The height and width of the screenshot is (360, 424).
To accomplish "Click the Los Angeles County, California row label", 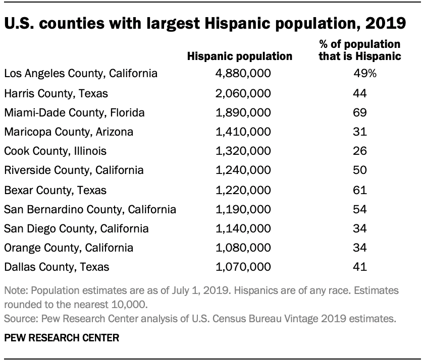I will click(81, 74).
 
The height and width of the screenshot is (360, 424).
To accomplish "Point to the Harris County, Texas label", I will click(56, 93).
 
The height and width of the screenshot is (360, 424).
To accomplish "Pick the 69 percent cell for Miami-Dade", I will click(360, 112).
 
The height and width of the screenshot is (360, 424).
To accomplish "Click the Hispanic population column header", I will click(240, 56).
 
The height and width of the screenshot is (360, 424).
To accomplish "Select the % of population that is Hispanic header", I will click(360, 50).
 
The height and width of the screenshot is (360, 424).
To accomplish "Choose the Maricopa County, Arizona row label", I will click(69, 132).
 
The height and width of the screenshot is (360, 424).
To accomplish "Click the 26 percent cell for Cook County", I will click(360, 151).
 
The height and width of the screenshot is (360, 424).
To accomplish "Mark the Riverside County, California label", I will click(74, 170).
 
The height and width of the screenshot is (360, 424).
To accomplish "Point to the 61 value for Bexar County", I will click(360, 190).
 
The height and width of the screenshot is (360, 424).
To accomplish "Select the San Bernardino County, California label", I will click(90, 209).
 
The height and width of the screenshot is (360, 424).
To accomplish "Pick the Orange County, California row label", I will click(69, 248).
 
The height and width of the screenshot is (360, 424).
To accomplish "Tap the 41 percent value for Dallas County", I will click(360, 267).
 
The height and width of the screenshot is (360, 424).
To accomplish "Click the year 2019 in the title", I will click(382, 24).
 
